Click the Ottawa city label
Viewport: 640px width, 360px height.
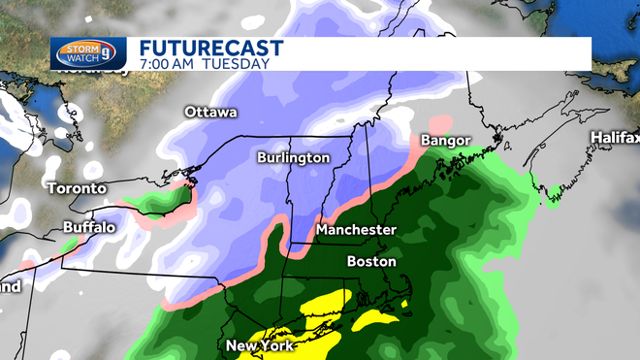pyautogui.click(x=210, y=113)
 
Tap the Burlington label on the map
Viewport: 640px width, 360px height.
pyautogui.click(x=293, y=157)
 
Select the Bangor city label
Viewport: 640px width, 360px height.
pyautogui.click(x=445, y=142)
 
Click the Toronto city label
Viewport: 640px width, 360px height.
pyautogui.click(x=75, y=187)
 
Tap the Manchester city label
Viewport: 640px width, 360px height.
pyautogui.click(x=357, y=230)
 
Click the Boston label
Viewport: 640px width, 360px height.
pyautogui.click(x=371, y=261)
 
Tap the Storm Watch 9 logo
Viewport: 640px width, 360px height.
pyautogui.click(x=88, y=52)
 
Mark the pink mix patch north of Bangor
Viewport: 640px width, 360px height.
pyautogui.click(x=441, y=125)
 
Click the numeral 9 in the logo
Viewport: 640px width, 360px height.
pyautogui.click(x=109, y=53)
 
